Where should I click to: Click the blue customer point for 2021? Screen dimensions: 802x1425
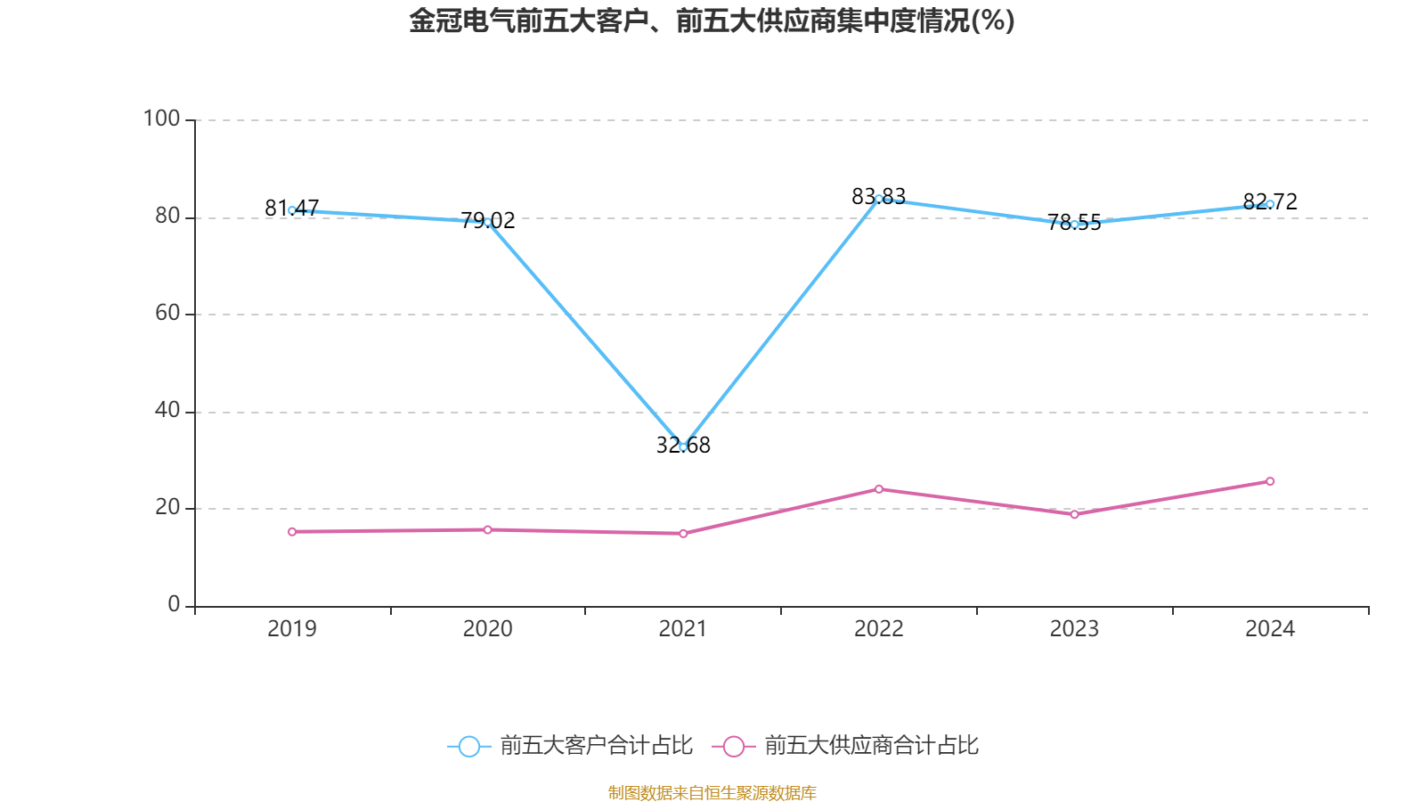click(x=683, y=446)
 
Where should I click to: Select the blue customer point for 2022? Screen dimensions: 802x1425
click(x=879, y=199)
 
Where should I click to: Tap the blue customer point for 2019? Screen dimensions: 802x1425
click(x=292, y=210)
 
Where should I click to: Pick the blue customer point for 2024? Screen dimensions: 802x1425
click(x=1270, y=204)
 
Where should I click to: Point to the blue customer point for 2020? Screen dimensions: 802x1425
click(x=487, y=222)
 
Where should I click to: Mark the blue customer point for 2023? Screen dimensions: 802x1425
click(x=1075, y=225)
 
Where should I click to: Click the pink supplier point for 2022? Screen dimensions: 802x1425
click(x=879, y=488)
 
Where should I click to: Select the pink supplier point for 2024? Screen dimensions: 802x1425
click(x=1270, y=481)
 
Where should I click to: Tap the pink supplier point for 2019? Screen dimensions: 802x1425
click(x=292, y=532)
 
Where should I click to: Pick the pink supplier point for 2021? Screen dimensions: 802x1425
click(x=683, y=534)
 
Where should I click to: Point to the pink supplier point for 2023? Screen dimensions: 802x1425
click(x=1075, y=514)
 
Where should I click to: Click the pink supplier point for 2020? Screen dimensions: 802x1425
click(x=487, y=530)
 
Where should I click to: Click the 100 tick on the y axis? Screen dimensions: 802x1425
click(x=162, y=119)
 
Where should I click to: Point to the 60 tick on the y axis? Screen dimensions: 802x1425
click(x=167, y=313)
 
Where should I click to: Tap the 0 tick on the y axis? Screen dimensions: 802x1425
click(x=174, y=604)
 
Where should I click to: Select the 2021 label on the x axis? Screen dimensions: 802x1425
click(x=683, y=629)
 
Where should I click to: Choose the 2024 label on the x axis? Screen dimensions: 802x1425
click(x=1270, y=629)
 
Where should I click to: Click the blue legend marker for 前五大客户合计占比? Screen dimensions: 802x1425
click(x=468, y=746)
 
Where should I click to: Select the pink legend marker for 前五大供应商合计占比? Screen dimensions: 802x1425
click(x=733, y=746)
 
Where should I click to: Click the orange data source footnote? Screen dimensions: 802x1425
click(x=712, y=792)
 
